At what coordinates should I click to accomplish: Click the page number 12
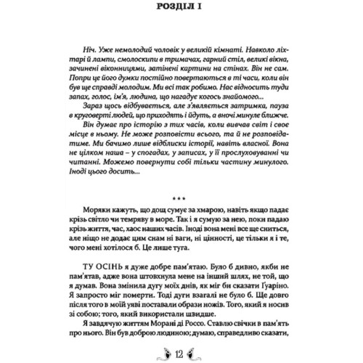[181, 354]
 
